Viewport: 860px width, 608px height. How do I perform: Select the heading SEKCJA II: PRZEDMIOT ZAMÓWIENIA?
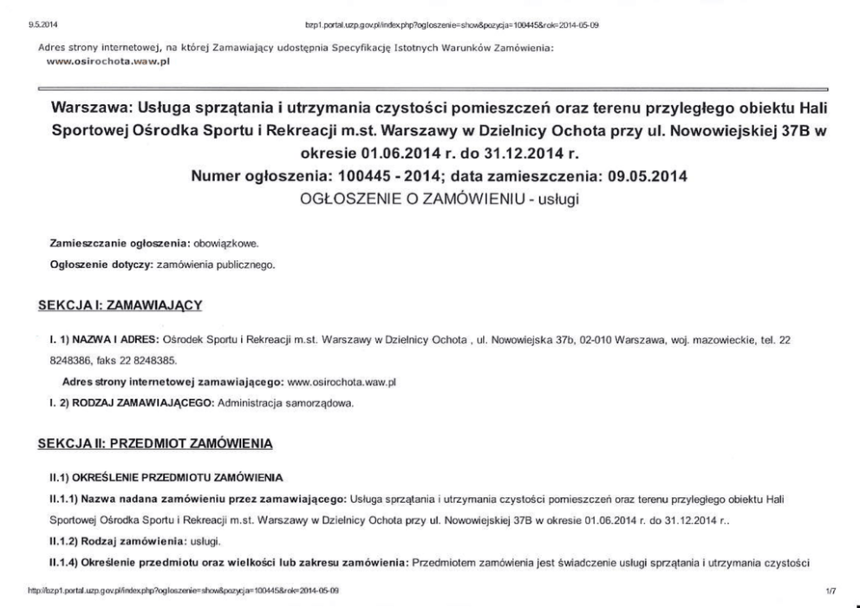click(155, 444)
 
